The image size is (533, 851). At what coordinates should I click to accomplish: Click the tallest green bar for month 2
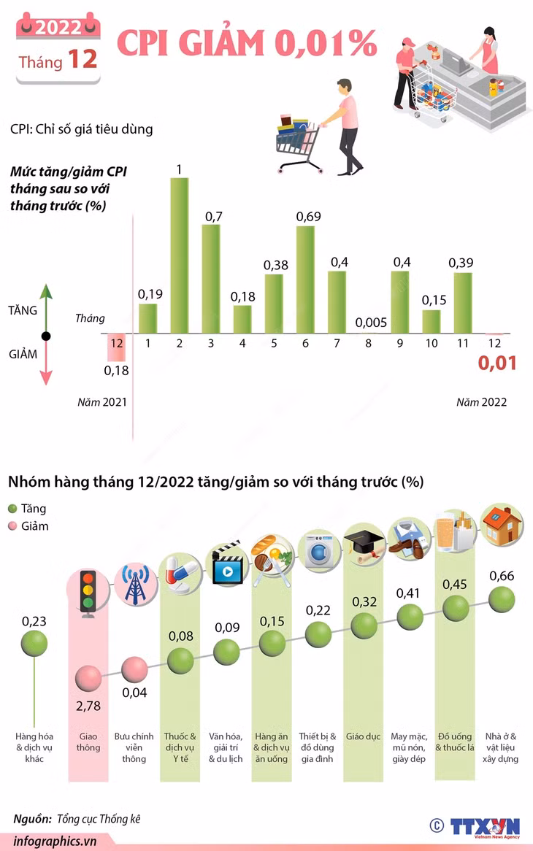click(180, 255)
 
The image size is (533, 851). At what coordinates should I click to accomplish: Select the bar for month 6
click(306, 279)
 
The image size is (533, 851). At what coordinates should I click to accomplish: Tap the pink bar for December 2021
click(117, 347)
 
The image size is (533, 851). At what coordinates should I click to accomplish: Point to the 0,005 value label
click(371, 323)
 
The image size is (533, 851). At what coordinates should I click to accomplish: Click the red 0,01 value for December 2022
click(497, 363)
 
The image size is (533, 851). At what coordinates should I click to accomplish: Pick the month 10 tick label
click(432, 343)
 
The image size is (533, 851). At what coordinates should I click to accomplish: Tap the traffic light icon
click(88, 593)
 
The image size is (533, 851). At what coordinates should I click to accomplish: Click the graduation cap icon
click(365, 546)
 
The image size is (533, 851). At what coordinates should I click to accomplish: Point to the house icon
click(502, 525)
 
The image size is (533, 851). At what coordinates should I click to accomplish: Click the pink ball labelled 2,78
click(88, 679)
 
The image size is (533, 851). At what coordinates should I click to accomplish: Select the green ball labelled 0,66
click(502, 599)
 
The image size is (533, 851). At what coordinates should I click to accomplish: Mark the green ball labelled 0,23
click(34, 644)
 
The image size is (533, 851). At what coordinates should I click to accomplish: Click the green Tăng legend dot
click(12, 509)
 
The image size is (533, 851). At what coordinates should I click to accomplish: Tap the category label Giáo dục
click(363, 736)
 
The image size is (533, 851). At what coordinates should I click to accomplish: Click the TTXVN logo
click(485, 827)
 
